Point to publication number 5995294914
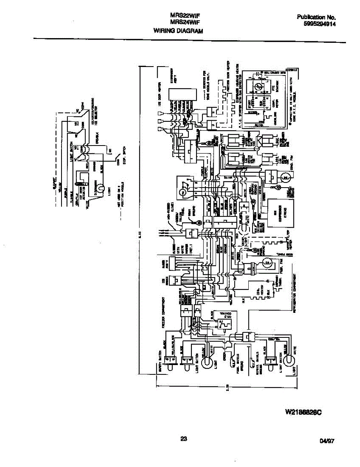[x=320, y=24]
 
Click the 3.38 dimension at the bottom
[x=227, y=386]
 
